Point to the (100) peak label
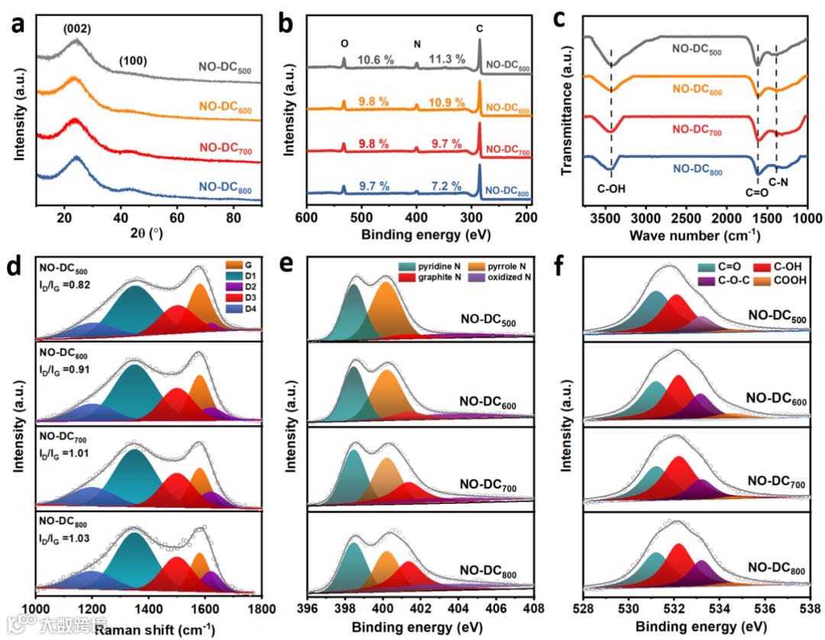click(x=131, y=60)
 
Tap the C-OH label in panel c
click(x=610, y=184)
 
